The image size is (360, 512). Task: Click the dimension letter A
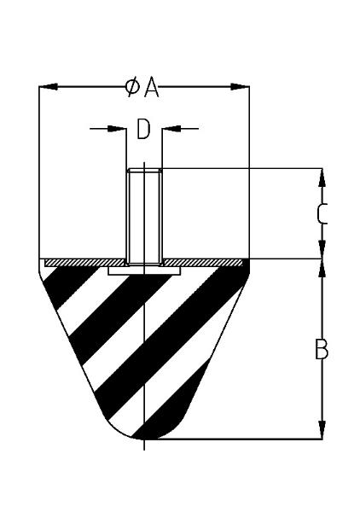click(152, 88)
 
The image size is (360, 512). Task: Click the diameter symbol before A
click(132, 87)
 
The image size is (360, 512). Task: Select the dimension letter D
click(143, 130)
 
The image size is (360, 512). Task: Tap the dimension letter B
click(322, 349)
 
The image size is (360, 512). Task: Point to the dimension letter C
click(322, 214)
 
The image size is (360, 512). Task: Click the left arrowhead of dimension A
click(49, 87)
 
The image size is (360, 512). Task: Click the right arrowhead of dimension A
click(240, 87)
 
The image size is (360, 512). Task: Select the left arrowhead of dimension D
click(117, 129)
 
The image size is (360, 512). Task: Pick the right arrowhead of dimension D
click(171, 129)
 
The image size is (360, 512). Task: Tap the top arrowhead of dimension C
click(322, 177)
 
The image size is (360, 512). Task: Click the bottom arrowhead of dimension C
click(322, 249)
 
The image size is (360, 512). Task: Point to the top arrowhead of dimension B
click(322, 269)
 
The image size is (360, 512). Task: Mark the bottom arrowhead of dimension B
click(322, 430)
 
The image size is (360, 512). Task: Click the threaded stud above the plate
click(144, 217)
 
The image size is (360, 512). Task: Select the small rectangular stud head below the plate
click(144, 271)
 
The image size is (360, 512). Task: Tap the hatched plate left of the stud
click(84, 263)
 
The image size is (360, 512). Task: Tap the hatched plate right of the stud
click(202, 263)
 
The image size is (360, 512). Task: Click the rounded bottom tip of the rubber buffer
click(144, 439)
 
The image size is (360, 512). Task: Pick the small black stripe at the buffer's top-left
click(67, 285)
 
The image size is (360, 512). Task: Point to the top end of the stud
click(144, 169)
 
